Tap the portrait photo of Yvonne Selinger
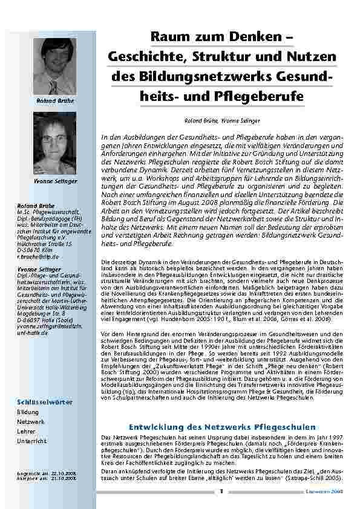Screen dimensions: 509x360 tap(55, 145)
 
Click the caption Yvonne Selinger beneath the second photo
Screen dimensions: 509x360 tap(55, 181)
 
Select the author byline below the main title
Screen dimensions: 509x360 tap(223, 121)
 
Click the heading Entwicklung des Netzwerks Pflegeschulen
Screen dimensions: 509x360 tap(223, 427)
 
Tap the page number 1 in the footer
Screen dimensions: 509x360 tap(222, 491)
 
